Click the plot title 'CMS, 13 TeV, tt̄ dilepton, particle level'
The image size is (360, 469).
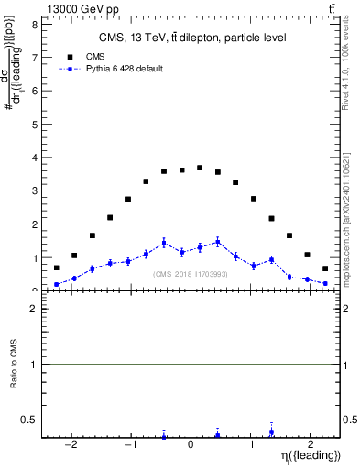coord(193,38)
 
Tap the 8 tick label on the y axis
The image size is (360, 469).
coord(35,25)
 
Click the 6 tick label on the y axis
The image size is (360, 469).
coord(35,91)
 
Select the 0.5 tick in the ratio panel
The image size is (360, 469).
coord(30,420)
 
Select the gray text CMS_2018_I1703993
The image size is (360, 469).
coord(191,275)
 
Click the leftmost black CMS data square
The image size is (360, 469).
coord(56,268)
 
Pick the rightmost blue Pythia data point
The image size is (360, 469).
coord(325,283)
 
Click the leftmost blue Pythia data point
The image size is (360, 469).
coord(56,284)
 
